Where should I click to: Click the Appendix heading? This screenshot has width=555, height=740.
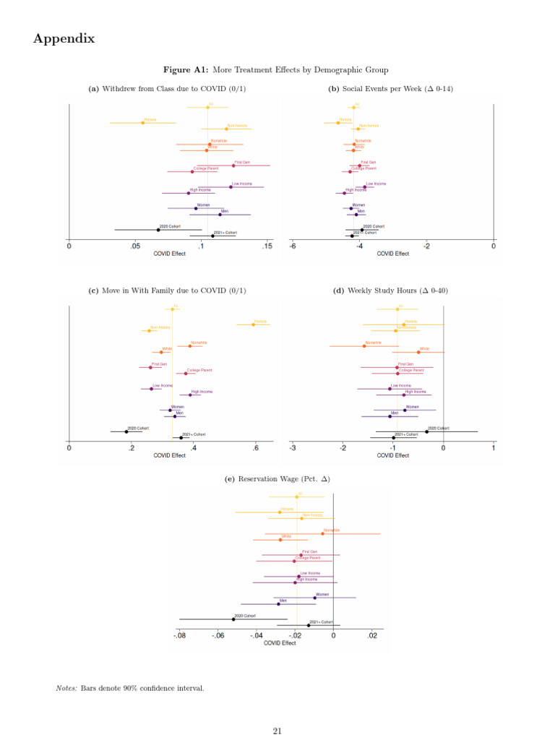coord(64,39)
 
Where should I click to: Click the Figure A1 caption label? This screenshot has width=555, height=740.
coord(186,70)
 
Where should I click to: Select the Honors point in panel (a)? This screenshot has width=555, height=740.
coord(142,122)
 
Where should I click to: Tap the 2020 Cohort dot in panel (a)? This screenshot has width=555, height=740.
coord(158,230)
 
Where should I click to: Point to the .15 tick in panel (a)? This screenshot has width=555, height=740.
coord(267,247)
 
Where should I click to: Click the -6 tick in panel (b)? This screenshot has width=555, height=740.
coord(293,247)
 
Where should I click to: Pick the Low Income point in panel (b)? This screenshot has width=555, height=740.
coord(364,186)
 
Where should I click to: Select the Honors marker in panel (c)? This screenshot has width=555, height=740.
coord(253,324)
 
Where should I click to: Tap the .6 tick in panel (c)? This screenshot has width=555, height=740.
coord(255,448)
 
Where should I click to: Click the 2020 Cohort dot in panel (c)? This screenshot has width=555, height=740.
coord(126,431)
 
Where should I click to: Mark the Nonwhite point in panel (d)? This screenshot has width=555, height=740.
coord(363,345)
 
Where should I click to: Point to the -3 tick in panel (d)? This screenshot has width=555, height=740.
coord(293,448)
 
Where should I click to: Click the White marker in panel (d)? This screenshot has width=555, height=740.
coord(418,352)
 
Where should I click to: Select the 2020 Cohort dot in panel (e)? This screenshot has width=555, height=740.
coord(233,619)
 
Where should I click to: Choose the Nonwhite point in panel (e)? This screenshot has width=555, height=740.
coord(322,533)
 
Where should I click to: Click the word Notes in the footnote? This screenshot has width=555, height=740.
coord(66,688)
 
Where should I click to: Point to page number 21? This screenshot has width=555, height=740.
coord(277,731)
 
